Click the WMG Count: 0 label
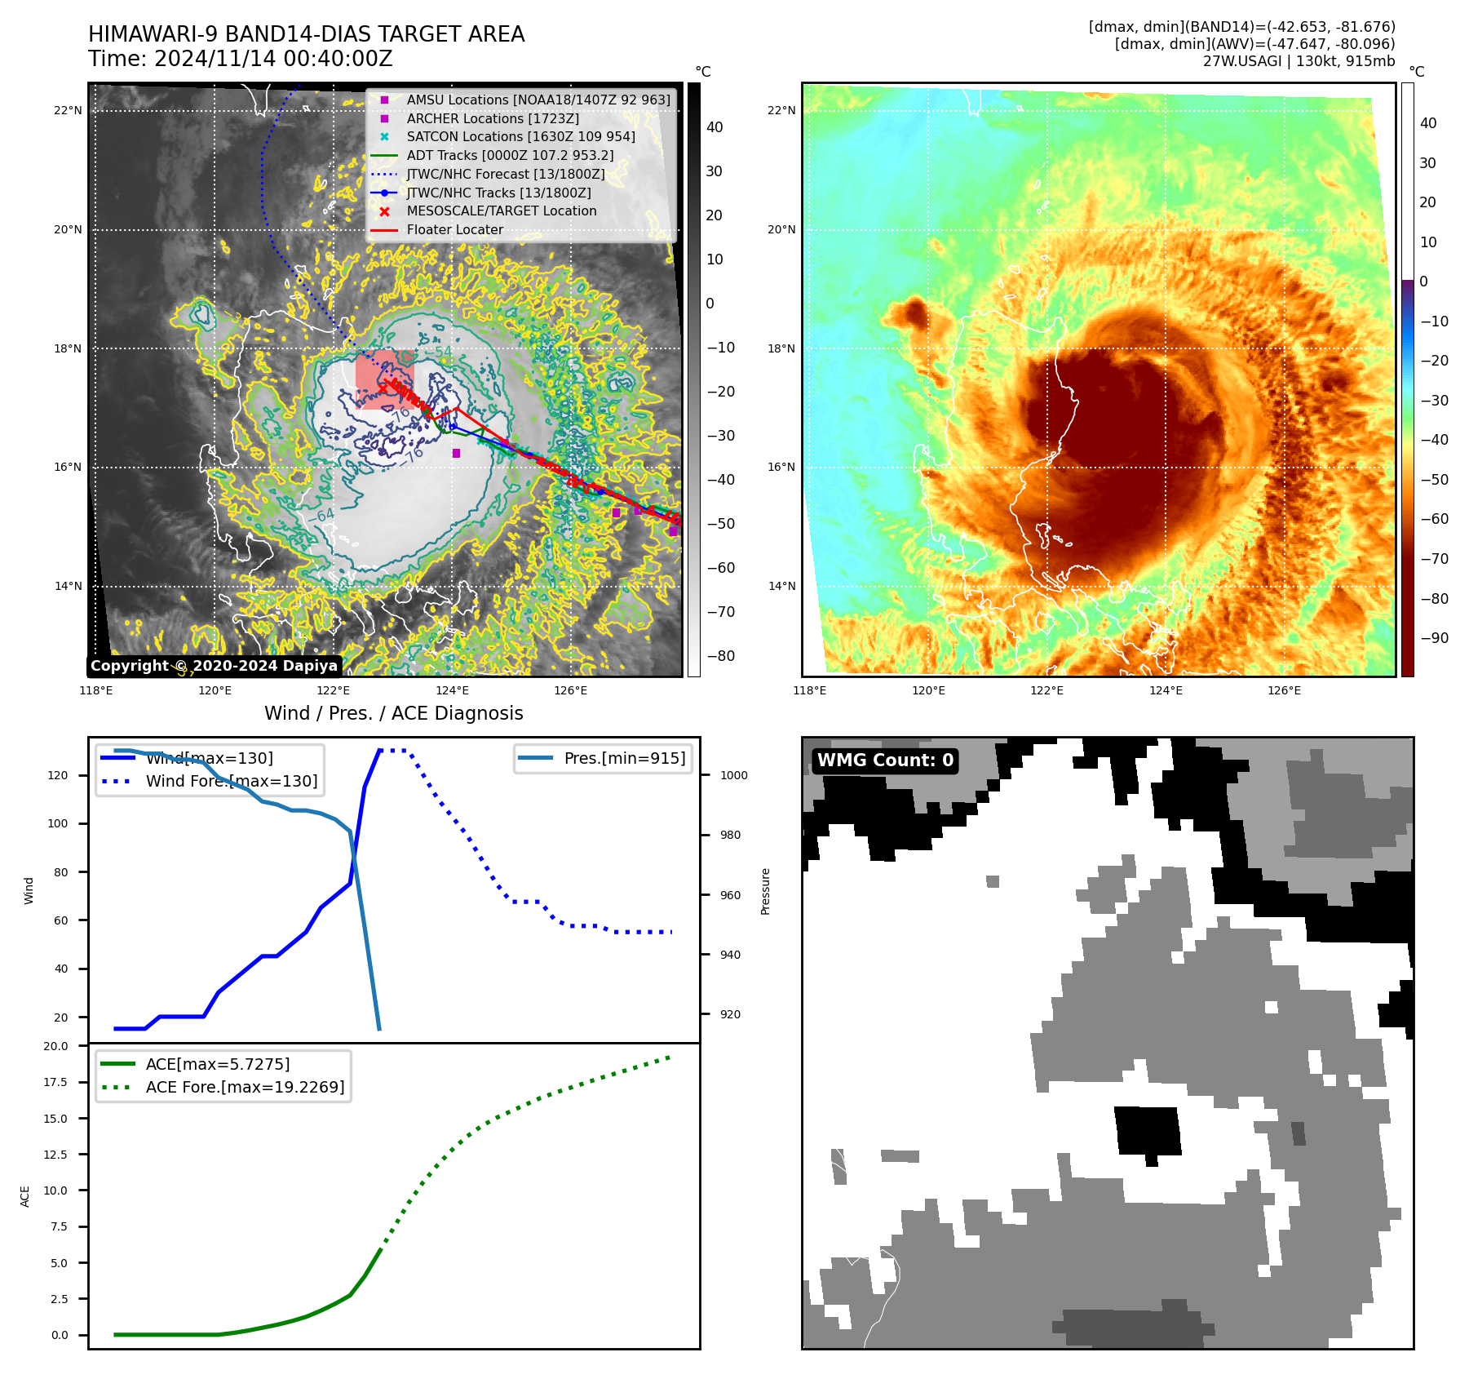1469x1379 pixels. (885, 760)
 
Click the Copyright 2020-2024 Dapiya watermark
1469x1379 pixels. (214, 666)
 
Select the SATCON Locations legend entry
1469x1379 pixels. (520, 137)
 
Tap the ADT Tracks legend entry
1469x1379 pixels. (510, 156)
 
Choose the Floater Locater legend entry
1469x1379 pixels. (454, 230)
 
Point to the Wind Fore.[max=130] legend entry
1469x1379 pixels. (232, 781)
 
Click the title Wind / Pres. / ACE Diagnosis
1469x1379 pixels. (394, 713)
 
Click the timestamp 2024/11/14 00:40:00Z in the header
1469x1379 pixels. (273, 59)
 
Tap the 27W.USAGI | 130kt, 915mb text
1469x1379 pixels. (1299, 61)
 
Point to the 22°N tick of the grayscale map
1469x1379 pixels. (69, 111)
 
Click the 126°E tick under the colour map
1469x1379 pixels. (1284, 691)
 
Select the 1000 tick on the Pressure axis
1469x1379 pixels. (733, 776)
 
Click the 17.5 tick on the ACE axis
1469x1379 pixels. (56, 1082)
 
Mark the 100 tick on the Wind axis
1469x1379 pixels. (58, 824)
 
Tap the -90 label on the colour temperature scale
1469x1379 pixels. (1434, 638)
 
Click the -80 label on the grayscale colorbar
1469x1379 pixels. (720, 656)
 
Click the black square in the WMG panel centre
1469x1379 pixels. (1147, 1130)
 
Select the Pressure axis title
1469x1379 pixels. (765, 891)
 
